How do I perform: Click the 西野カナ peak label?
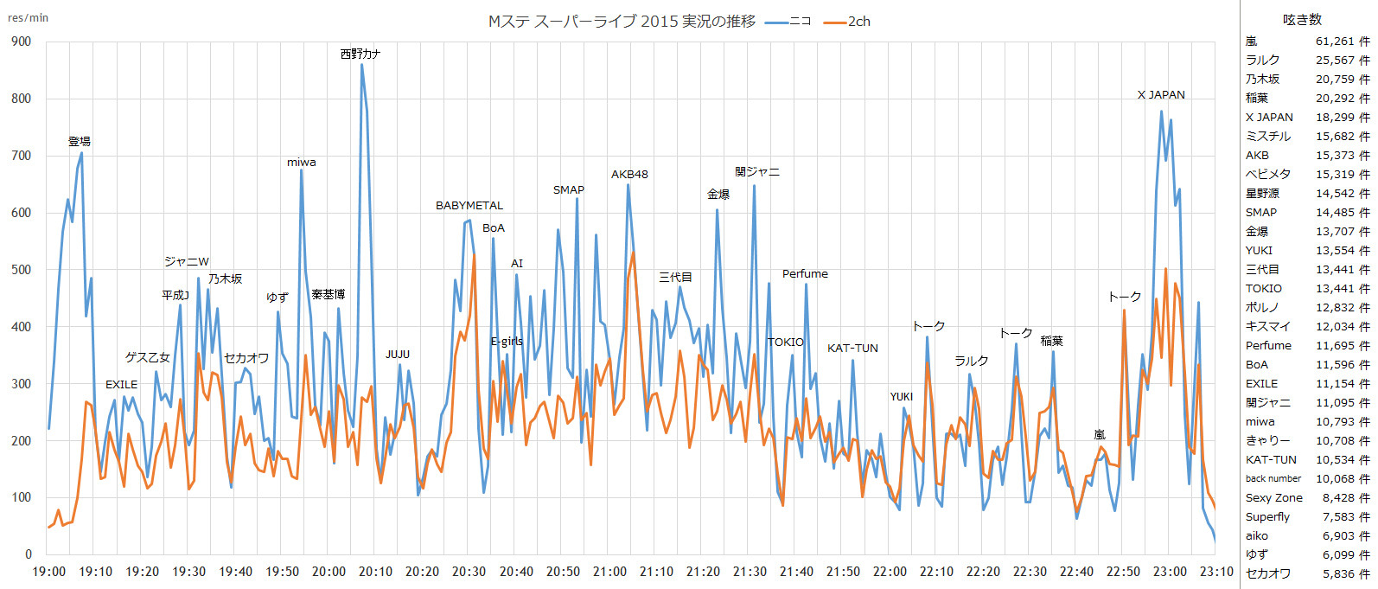click(x=360, y=54)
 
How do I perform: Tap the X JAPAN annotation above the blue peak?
click(x=1161, y=95)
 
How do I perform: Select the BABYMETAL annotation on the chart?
click(x=469, y=206)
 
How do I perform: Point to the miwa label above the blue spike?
click(x=302, y=163)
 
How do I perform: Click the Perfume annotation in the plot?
click(x=805, y=274)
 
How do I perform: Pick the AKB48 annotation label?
click(x=629, y=175)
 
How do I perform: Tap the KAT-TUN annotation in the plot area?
click(x=852, y=349)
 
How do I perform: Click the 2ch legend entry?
click(x=849, y=22)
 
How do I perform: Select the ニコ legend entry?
click(x=789, y=22)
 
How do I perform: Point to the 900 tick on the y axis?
click(x=21, y=42)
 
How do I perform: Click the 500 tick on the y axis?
click(x=21, y=270)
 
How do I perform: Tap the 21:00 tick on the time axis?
click(x=609, y=572)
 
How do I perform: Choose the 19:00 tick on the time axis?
click(x=49, y=572)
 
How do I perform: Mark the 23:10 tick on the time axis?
click(x=1216, y=572)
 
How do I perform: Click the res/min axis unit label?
click(x=28, y=17)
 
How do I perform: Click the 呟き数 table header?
click(x=1302, y=20)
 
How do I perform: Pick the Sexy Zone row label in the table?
click(x=1273, y=498)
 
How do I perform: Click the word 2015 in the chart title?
click(x=659, y=22)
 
